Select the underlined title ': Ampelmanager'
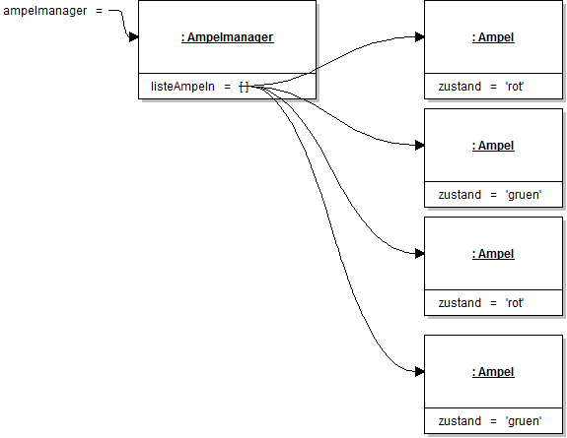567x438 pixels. (x=227, y=37)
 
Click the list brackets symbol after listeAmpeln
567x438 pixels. (x=244, y=87)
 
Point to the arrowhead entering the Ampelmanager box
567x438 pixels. (x=132, y=37)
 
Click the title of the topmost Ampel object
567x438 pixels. (x=493, y=37)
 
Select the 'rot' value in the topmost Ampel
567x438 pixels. (x=515, y=87)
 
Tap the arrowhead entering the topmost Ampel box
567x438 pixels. (x=419, y=37)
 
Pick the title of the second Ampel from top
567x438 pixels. (x=493, y=146)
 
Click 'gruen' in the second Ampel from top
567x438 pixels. (x=523, y=195)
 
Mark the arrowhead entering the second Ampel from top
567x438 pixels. (x=419, y=145)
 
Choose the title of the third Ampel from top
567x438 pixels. (x=493, y=254)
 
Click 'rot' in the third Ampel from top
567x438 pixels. (x=515, y=303)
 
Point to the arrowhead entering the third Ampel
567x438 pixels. (x=419, y=253)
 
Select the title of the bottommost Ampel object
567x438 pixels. (x=493, y=372)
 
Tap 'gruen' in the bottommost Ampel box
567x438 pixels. (x=523, y=421)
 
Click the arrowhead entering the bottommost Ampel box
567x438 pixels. (x=419, y=371)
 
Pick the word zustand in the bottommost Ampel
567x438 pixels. (x=460, y=421)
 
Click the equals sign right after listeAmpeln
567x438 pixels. (x=227, y=87)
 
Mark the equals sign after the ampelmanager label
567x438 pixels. (x=99, y=11)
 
